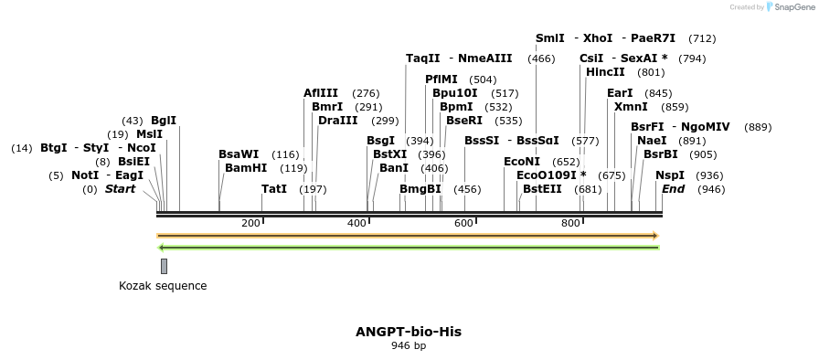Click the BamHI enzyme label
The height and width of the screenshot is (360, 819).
point(246,168)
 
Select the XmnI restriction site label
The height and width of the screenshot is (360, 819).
point(631,107)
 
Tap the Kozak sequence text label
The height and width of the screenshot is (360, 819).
point(163,286)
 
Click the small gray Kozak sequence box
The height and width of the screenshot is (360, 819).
point(164,266)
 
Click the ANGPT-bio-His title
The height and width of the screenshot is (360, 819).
point(409,332)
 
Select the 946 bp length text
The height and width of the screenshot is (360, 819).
point(409,346)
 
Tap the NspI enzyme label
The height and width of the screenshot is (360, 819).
point(670,175)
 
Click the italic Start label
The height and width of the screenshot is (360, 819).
point(120,189)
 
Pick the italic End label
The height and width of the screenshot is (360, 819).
point(674,189)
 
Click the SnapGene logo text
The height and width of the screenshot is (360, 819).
point(791,6)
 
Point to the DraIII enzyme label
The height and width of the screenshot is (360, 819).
point(338,121)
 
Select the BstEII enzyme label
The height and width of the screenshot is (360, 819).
point(542,189)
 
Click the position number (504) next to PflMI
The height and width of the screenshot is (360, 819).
point(483,79)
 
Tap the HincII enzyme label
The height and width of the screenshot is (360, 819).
point(605,72)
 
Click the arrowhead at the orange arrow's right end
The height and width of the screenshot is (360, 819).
point(654,236)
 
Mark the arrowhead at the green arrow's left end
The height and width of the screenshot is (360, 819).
point(162,248)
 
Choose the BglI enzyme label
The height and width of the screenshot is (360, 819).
point(164,121)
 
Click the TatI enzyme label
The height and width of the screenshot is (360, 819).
point(274,189)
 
